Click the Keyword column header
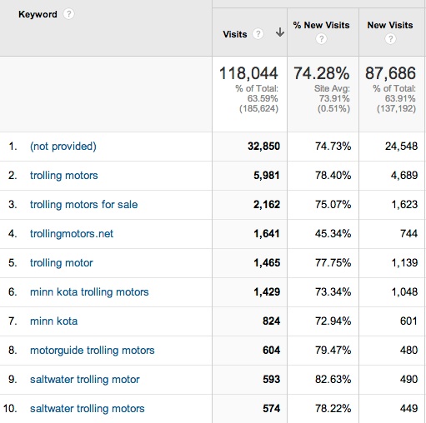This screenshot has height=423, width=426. point(38,14)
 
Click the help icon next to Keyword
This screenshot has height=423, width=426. point(69,14)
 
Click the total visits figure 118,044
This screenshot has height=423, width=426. point(248,74)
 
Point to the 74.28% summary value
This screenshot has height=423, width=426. point(323,74)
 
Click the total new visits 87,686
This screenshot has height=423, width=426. point(390,74)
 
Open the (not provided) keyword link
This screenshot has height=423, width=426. point(63,147)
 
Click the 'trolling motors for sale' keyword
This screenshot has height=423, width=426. point(84,205)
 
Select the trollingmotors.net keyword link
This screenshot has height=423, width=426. point(72,234)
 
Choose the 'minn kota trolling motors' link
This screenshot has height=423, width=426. point(89,292)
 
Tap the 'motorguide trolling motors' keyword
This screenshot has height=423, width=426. point(93,351)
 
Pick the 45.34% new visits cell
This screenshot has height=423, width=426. point(330,234)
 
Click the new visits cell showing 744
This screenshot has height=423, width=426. point(408,234)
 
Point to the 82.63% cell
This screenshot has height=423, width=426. point(330,380)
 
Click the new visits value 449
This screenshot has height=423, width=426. point(408,409)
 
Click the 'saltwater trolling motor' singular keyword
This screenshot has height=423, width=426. point(85,380)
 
